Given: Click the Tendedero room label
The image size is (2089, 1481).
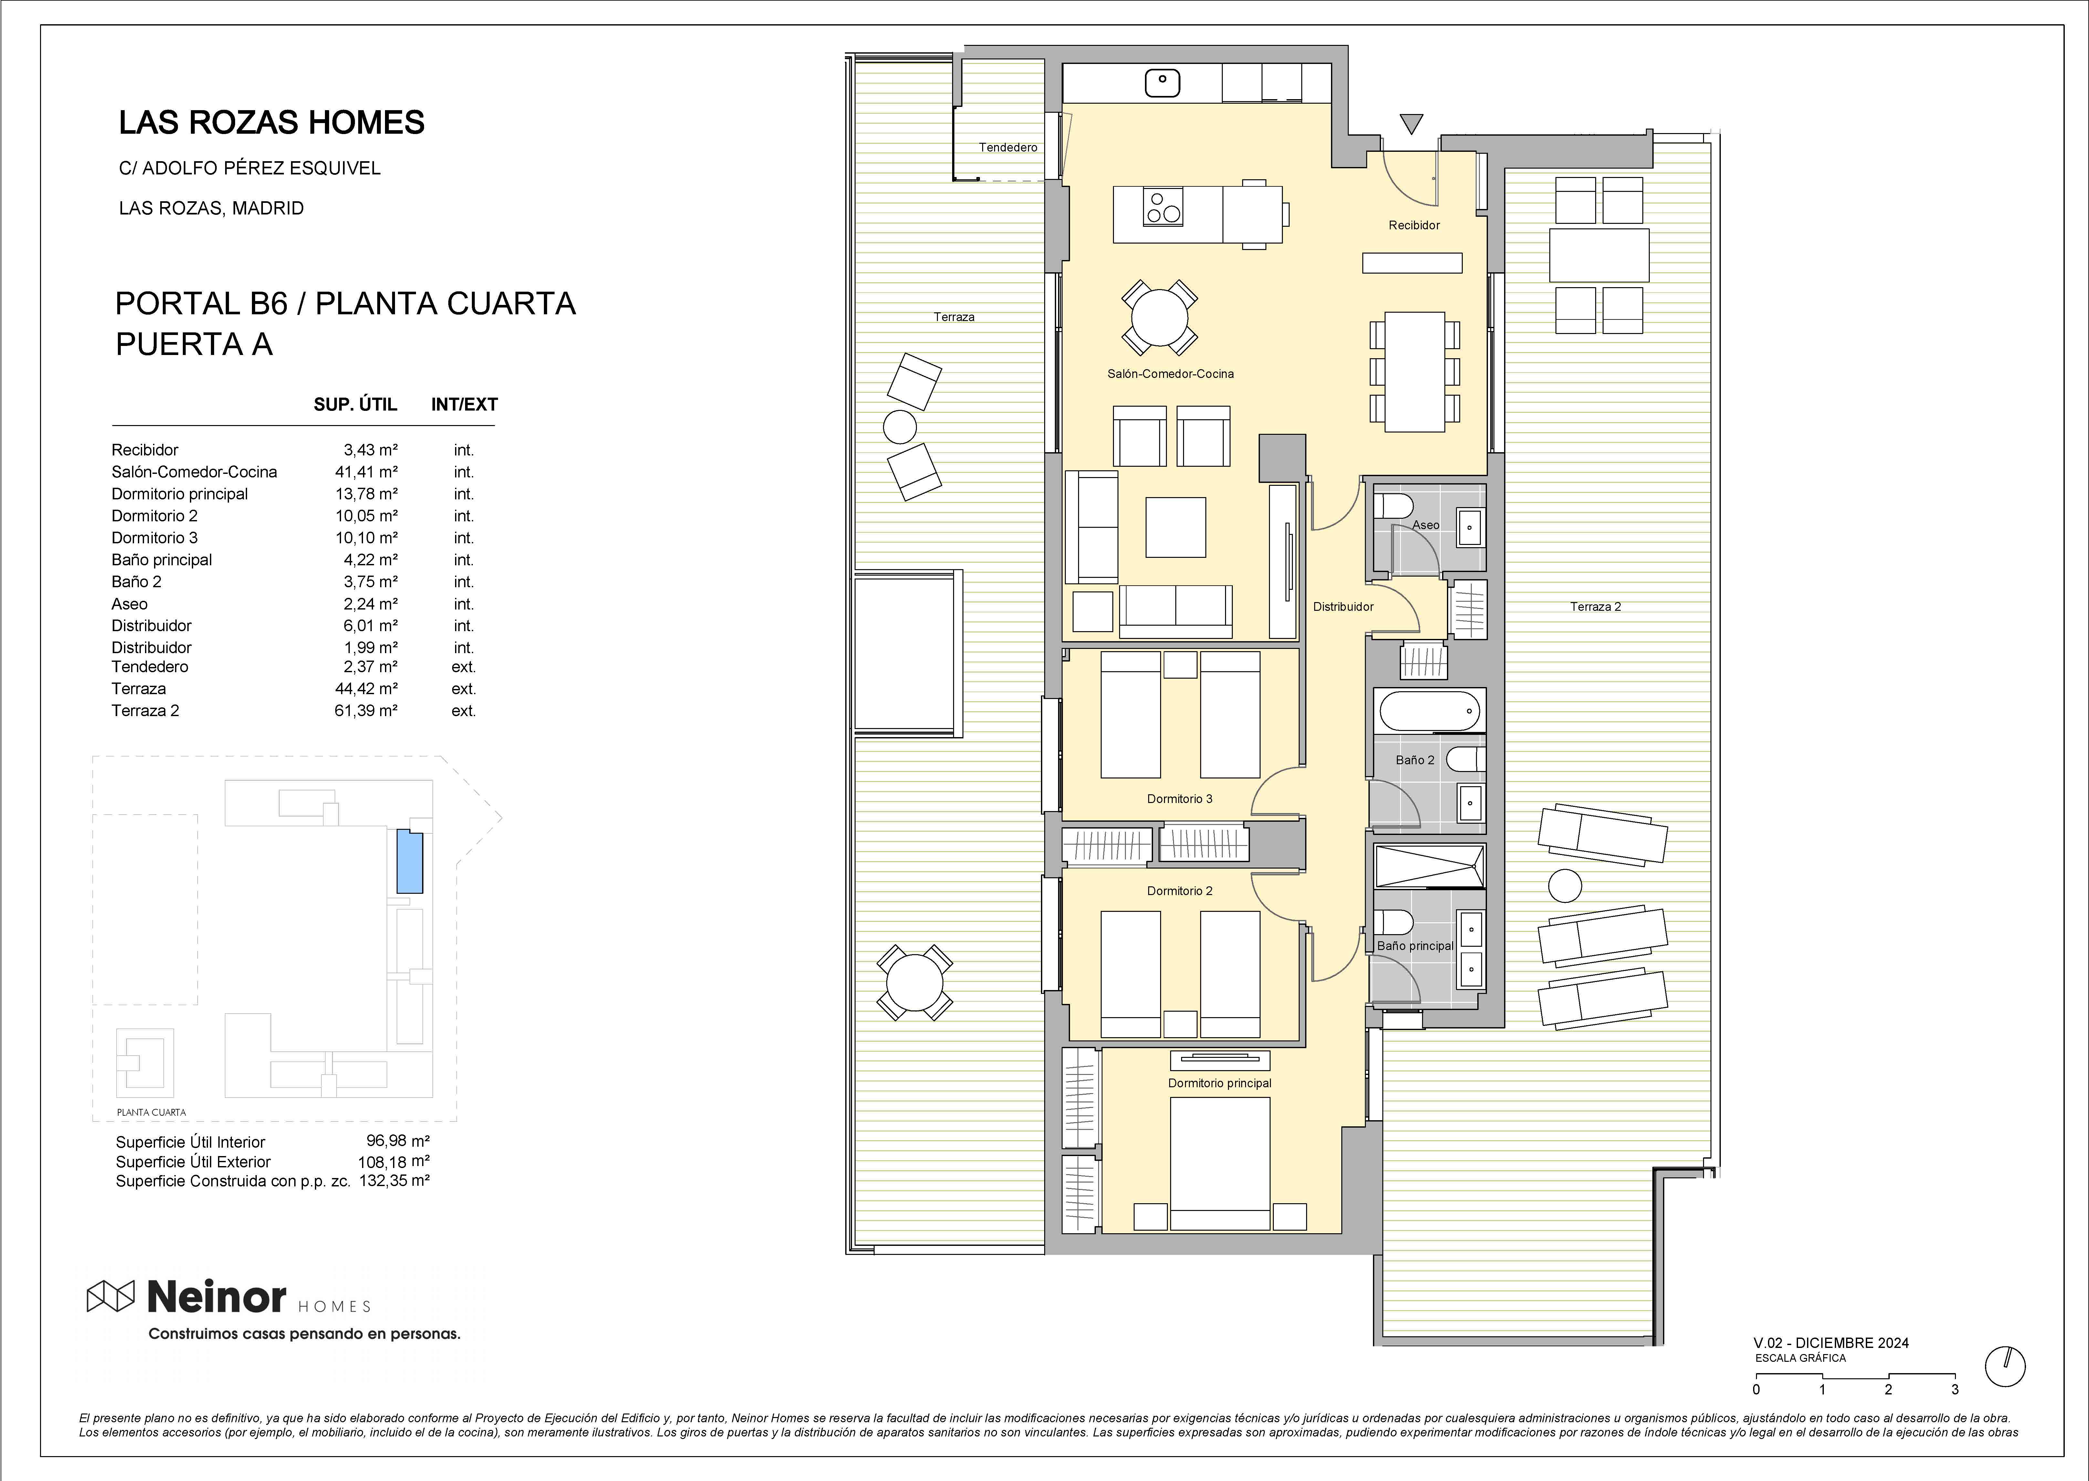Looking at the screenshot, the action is coord(1008,147).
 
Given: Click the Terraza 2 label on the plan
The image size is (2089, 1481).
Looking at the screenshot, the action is coord(1595,606).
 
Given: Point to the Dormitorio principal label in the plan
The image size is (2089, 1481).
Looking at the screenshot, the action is coord(1219,1083).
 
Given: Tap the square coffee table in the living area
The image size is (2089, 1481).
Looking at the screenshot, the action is coord(1175,527).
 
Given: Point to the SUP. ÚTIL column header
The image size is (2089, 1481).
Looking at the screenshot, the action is coord(356,404).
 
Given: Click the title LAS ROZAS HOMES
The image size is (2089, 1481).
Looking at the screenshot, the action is coord(272,122).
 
